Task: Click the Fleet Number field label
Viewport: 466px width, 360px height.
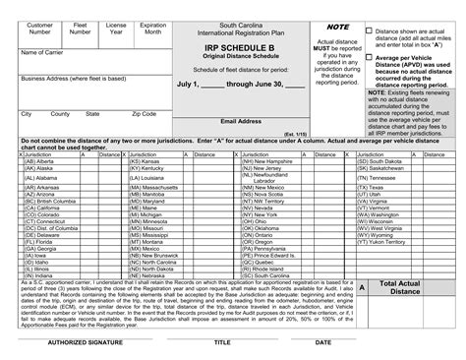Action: [x=81, y=27]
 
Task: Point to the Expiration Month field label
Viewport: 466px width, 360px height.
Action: [x=153, y=27]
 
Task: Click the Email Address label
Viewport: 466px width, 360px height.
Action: [x=240, y=121]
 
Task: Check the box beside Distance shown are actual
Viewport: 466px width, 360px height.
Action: [x=369, y=30]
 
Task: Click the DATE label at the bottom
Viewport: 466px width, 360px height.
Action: [x=321, y=343]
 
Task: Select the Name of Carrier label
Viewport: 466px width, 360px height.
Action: [x=43, y=51]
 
